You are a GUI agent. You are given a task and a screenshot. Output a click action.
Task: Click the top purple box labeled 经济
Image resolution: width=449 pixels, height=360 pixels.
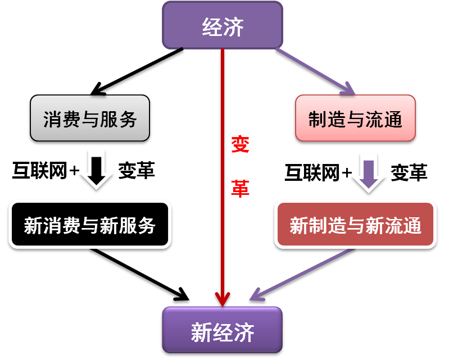(223, 25)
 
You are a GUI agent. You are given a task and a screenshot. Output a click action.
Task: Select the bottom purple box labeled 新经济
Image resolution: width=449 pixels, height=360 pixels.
(223, 330)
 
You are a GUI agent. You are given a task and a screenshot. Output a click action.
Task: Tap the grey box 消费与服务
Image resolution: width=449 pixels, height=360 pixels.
(90, 118)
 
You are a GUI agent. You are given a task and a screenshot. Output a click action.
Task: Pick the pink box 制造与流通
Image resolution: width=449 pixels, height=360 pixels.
(355, 118)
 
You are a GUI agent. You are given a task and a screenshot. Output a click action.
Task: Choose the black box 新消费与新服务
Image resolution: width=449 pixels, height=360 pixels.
(90, 224)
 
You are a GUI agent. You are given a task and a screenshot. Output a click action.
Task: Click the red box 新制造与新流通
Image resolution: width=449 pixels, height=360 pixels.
(355, 224)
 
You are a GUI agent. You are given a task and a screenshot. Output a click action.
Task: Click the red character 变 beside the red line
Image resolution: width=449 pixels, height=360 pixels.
(241, 144)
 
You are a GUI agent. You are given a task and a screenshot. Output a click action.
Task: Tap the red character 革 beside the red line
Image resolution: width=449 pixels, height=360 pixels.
(241, 188)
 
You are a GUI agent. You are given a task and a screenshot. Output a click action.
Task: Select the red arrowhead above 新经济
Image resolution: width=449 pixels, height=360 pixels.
(223, 299)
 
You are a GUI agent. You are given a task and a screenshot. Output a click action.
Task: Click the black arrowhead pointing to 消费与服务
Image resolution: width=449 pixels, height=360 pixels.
(97, 89)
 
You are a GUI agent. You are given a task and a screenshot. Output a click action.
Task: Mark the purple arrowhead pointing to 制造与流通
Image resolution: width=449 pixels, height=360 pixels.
(348, 89)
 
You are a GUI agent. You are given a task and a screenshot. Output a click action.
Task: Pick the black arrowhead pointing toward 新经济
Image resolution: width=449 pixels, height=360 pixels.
(183, 295)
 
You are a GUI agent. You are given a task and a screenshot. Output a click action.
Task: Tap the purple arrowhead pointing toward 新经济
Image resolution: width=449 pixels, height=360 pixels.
(257, 295)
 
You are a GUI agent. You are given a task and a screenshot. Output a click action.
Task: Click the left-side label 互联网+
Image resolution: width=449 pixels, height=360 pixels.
(46, 171)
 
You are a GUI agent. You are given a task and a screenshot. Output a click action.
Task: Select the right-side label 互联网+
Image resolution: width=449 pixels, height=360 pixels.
(318, 173)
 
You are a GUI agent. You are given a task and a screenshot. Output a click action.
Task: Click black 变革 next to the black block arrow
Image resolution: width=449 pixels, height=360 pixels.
(137, 171)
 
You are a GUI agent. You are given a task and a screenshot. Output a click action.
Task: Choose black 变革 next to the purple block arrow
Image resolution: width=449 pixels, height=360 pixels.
(409, 172)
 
